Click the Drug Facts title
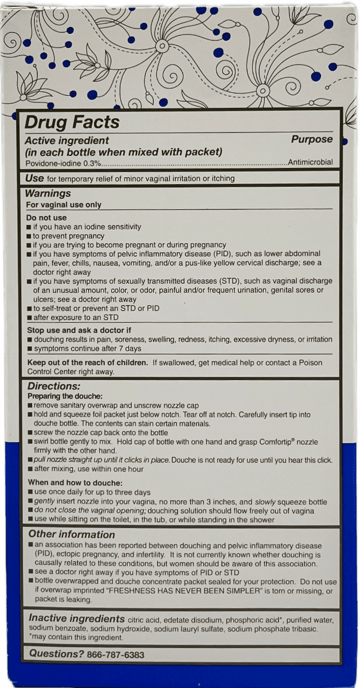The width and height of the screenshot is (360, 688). pyautogui.click(x=72, y=122)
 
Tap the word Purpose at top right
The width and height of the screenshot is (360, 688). pyautogui.click(x=312, y=139)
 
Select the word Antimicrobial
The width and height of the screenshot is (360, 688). pyautogui.click(x=310, y=162)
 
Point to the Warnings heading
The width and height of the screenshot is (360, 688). pyautogui.click(x=48, y=193)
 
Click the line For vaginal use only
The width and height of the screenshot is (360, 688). pyautogui.click(x=64, y=205)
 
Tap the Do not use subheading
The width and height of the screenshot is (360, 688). pyautogui.click(x=46, y=218)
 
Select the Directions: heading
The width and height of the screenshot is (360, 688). pyautogui.click(x=54, y=386)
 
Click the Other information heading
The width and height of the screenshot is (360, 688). pyautogui.click(x=72, y=534)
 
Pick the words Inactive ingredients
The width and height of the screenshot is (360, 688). pyautogui.click(x=77, y=619)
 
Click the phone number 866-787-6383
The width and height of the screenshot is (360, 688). pyautogui.click(x=115, y=654)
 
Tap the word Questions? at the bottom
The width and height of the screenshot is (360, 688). pyautogui.click(x=56, y=654)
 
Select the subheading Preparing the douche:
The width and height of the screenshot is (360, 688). pyautogui.click(x=65, y=396)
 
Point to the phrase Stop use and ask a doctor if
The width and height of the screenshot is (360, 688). pyautogui.click(x=79, y=330)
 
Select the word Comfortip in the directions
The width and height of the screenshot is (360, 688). pyautogui.click(x=270, y=443)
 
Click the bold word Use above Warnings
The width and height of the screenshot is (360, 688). pyautogui.click(x=34, y=178)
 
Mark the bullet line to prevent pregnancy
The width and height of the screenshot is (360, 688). pyautogui.click(x=68, y=236)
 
